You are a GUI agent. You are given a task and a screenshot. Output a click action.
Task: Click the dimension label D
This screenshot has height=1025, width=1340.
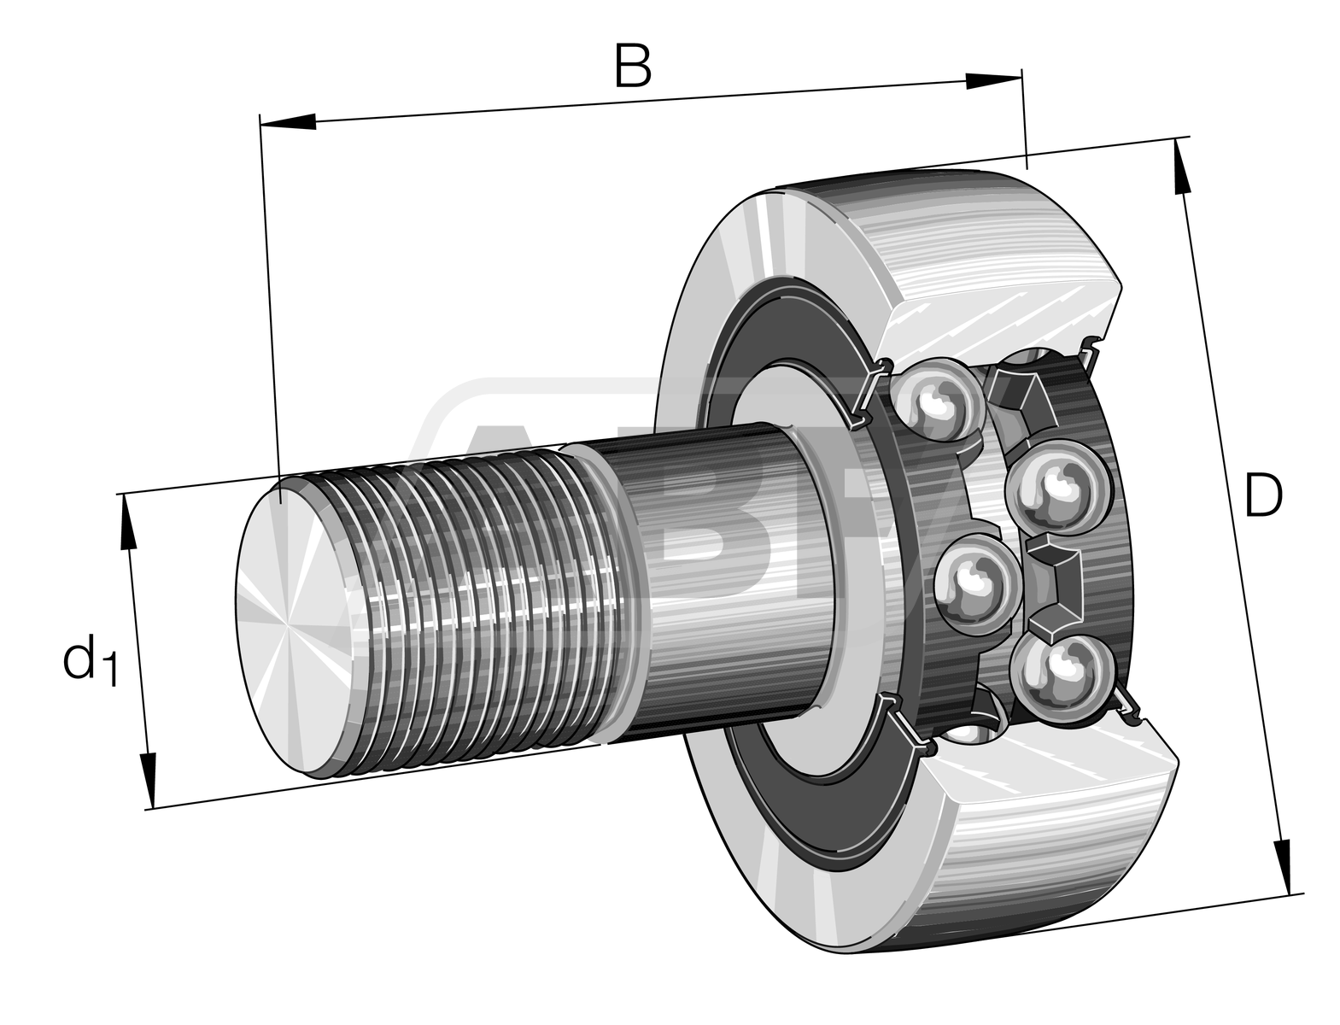tap(1262, 496)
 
